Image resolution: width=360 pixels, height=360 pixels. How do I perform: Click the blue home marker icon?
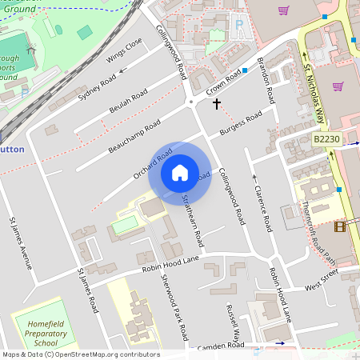click(x=180, y=173)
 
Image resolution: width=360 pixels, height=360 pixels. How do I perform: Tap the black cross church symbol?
click(x=216, y=104)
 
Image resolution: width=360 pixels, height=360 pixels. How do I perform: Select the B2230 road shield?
click(x=326, y=139)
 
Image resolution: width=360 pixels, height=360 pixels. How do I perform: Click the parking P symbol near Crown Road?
click(x=238, y=25)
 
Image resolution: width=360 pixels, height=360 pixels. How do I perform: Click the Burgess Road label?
click(x=242, y=122)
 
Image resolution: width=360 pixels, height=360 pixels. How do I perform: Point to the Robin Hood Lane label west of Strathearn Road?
click(x=169, y=264)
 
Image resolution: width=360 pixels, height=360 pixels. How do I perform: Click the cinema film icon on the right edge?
click(x=341, y=226)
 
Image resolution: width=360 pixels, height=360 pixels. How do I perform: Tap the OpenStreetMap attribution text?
click(x=81, y=354)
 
